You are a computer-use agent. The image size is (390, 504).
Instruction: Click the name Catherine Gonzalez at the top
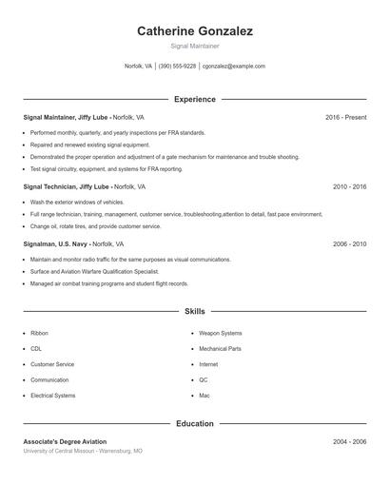point(194,31)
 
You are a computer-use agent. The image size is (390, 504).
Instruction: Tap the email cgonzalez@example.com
point(233,67)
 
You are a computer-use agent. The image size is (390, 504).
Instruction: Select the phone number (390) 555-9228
point(177,67)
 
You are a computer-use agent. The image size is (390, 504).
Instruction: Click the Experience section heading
point(194,99)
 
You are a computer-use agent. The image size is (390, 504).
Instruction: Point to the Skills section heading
point(194,311)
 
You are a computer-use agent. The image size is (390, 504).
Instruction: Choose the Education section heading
point(194,423)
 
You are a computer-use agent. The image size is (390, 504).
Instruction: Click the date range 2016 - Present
point(345,117)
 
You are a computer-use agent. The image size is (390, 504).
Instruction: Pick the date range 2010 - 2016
point(349,187)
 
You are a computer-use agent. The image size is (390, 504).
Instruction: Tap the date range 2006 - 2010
point(349,244)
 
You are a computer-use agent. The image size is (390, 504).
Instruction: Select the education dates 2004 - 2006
point(349,442)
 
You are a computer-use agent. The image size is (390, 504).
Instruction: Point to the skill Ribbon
point(39,334)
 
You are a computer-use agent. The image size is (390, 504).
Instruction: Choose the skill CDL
point(36,349)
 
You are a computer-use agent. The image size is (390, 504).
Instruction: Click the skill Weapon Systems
point(220,334)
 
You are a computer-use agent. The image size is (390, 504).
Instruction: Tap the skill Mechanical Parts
point(220,349)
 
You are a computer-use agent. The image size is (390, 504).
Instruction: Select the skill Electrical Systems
point(52,395)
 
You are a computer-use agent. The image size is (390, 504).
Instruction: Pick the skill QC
point(204,379)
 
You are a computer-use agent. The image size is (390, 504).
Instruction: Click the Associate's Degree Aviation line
point(65,442)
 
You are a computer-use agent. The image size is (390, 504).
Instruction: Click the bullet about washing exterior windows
point(77,203)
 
